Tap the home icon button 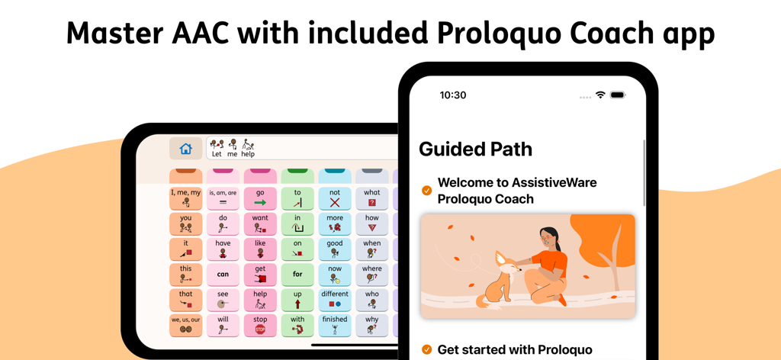pos(185,149)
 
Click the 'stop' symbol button pos(260,325)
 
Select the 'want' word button pos(260,223)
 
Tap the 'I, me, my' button pos(185,198)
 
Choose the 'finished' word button pos(335,325)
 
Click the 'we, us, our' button pos(185,325)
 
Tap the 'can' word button pos(223,275)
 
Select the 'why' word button pos(372,325)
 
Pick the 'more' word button pos(335,223)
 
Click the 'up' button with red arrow pos(297,300)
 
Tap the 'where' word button pos(372,275)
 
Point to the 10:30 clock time pos(453,95)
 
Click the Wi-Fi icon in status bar pos(601,95)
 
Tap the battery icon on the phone pos(618,95)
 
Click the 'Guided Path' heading pos(475,149)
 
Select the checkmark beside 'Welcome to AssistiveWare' pos(426,191)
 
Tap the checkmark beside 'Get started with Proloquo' pos(426,350)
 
